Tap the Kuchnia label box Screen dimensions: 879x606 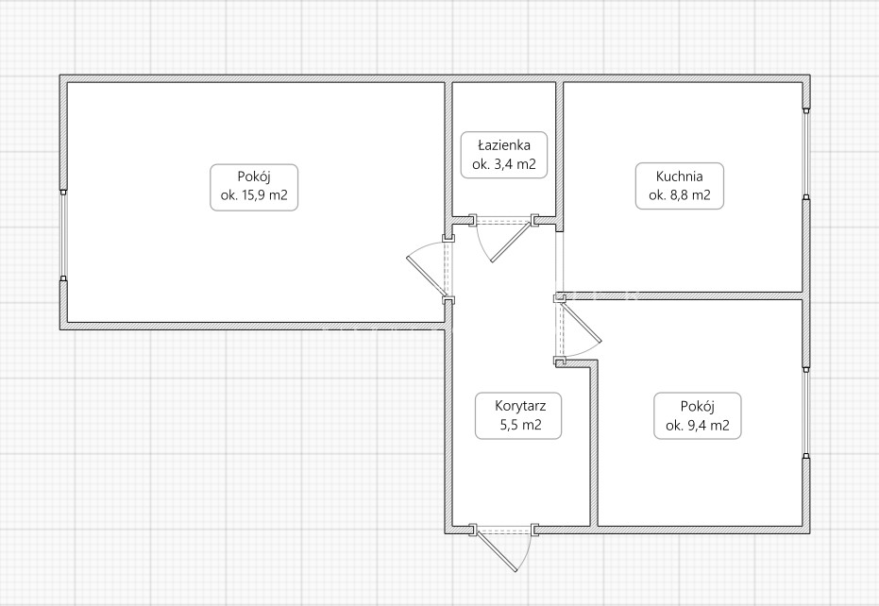click(x=680, y=186)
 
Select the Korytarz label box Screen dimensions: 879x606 click(x=518, y=415)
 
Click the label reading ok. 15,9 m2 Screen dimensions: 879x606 click(x=254, y=195)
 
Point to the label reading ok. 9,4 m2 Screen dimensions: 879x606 click(x=698, y=426)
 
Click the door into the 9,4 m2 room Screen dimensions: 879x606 click(x=582, y=321)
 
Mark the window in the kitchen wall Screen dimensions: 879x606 click(x=806, y=154)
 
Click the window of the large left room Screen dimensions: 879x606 click(x=64, y=235)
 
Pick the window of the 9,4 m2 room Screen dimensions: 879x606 click(x=806, y=413)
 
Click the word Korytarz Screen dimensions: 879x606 click(x=520, y=405)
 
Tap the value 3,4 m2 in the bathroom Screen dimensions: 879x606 click(x=514, y=164)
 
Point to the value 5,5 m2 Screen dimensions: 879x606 click(x=520, y=425)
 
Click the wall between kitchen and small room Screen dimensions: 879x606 click(x=683, y=295)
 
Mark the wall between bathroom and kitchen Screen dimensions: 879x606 click(x=560, y=157)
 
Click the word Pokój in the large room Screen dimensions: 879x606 click(x=254, y=177)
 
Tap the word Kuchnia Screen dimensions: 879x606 click(x=680, y=177)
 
